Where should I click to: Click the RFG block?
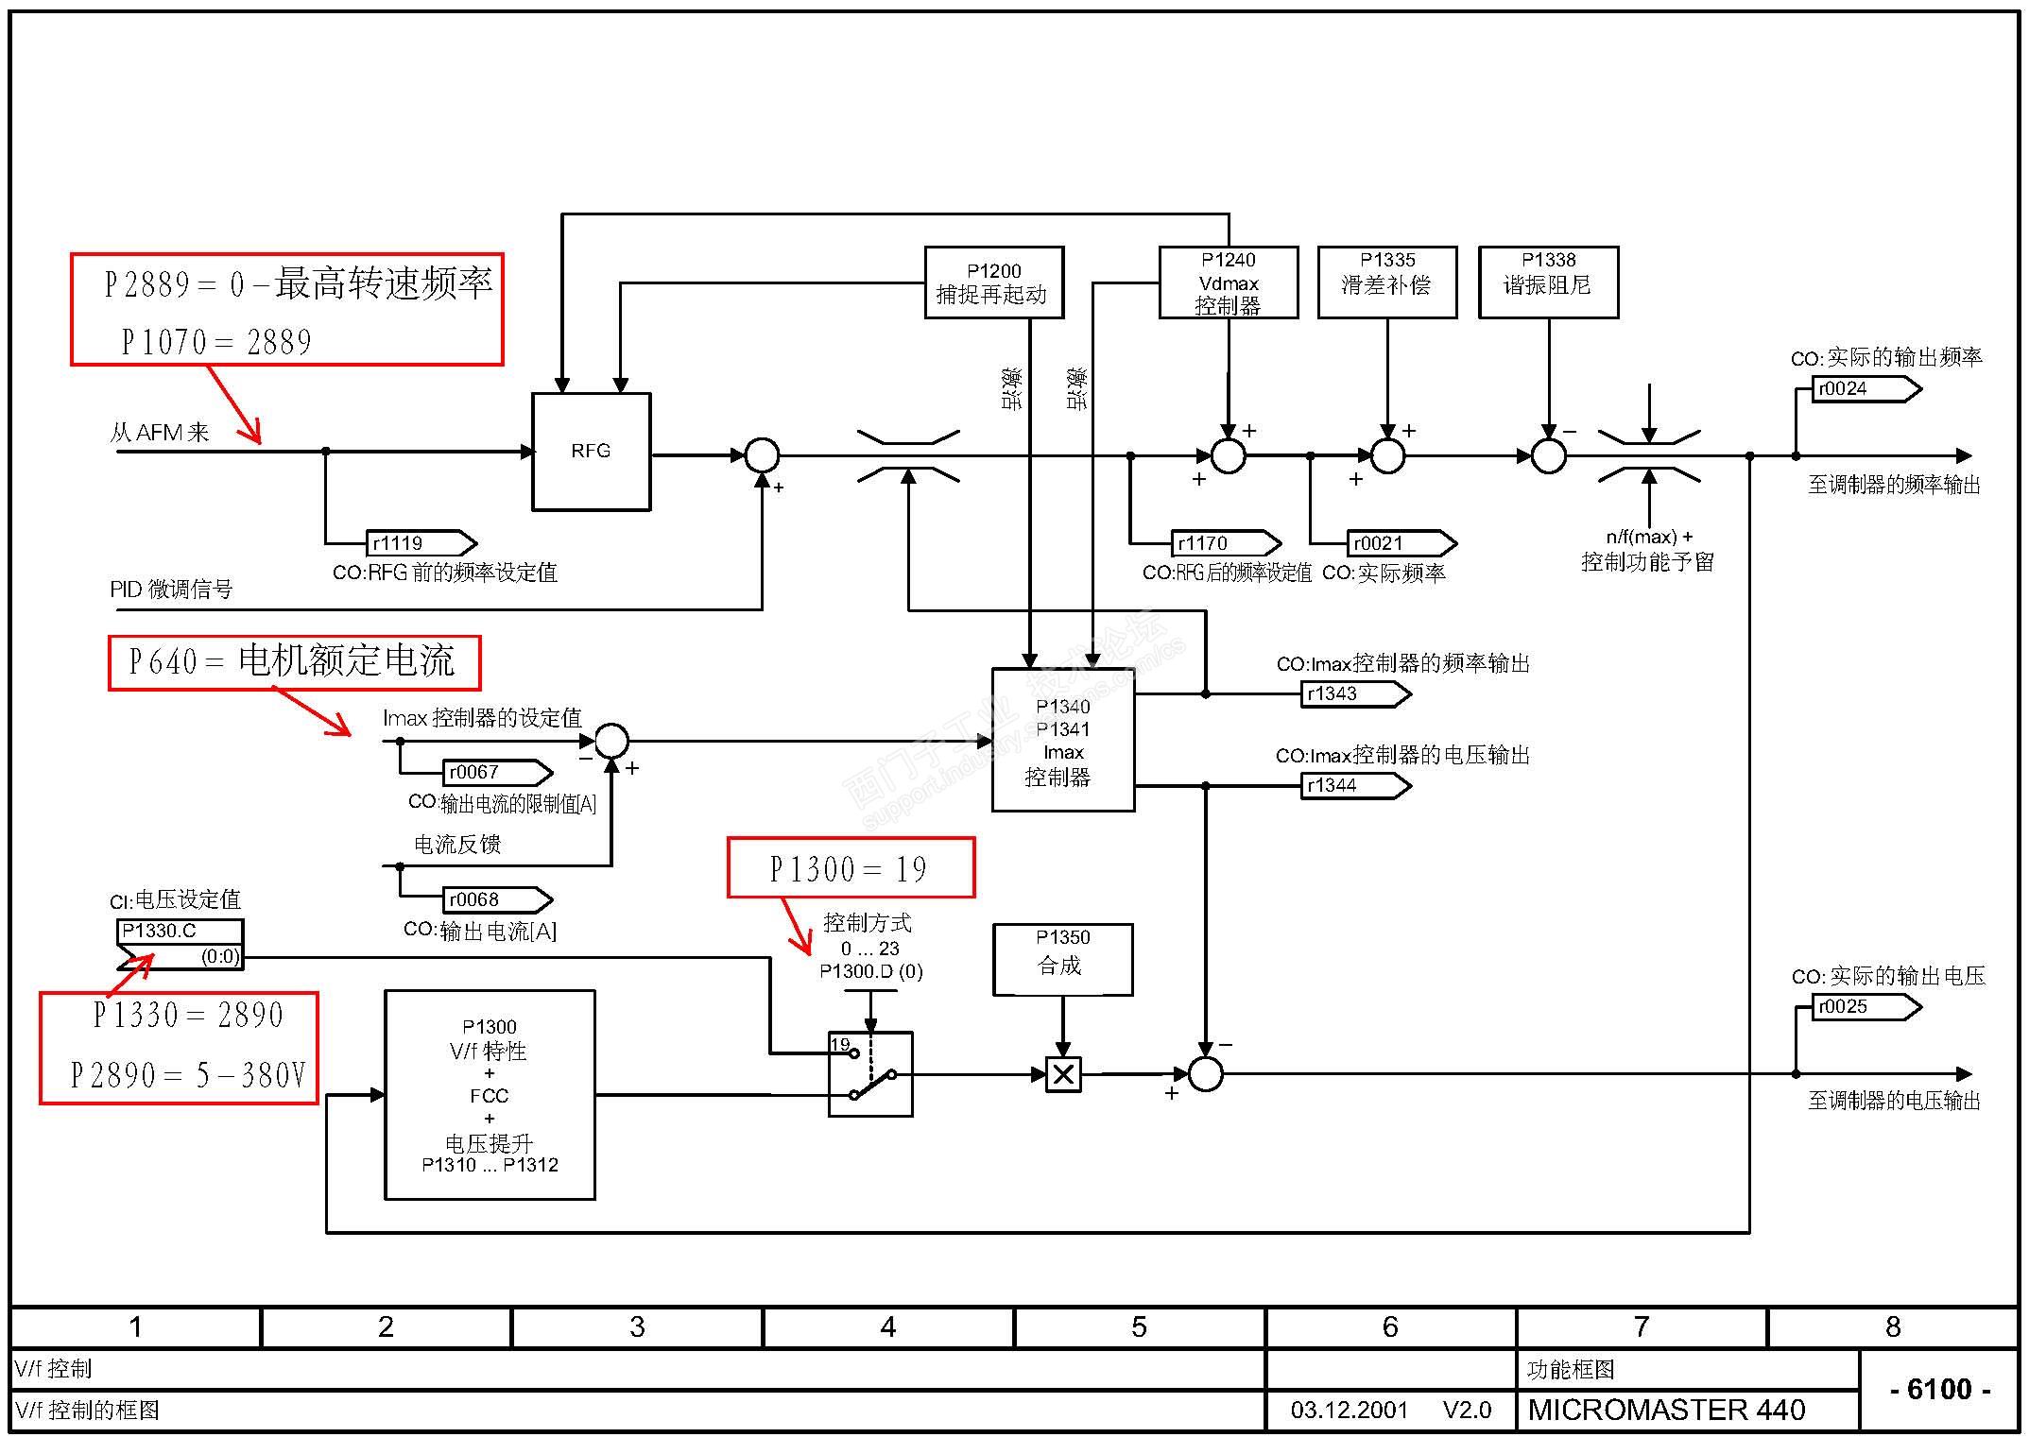pos(591,452)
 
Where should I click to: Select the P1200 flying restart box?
pos(993,282)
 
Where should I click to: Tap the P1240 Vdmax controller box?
pos(1228,282)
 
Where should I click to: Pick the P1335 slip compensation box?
pos(1386,282)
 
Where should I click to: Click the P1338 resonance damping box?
pos(1548,282)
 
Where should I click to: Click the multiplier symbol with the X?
pos(1063,1074)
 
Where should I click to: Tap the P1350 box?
pos(1062,959)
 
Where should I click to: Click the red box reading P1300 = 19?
pos(851,867)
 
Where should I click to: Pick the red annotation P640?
pos(294,662)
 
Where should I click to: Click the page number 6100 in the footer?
pos(1939,1389)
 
